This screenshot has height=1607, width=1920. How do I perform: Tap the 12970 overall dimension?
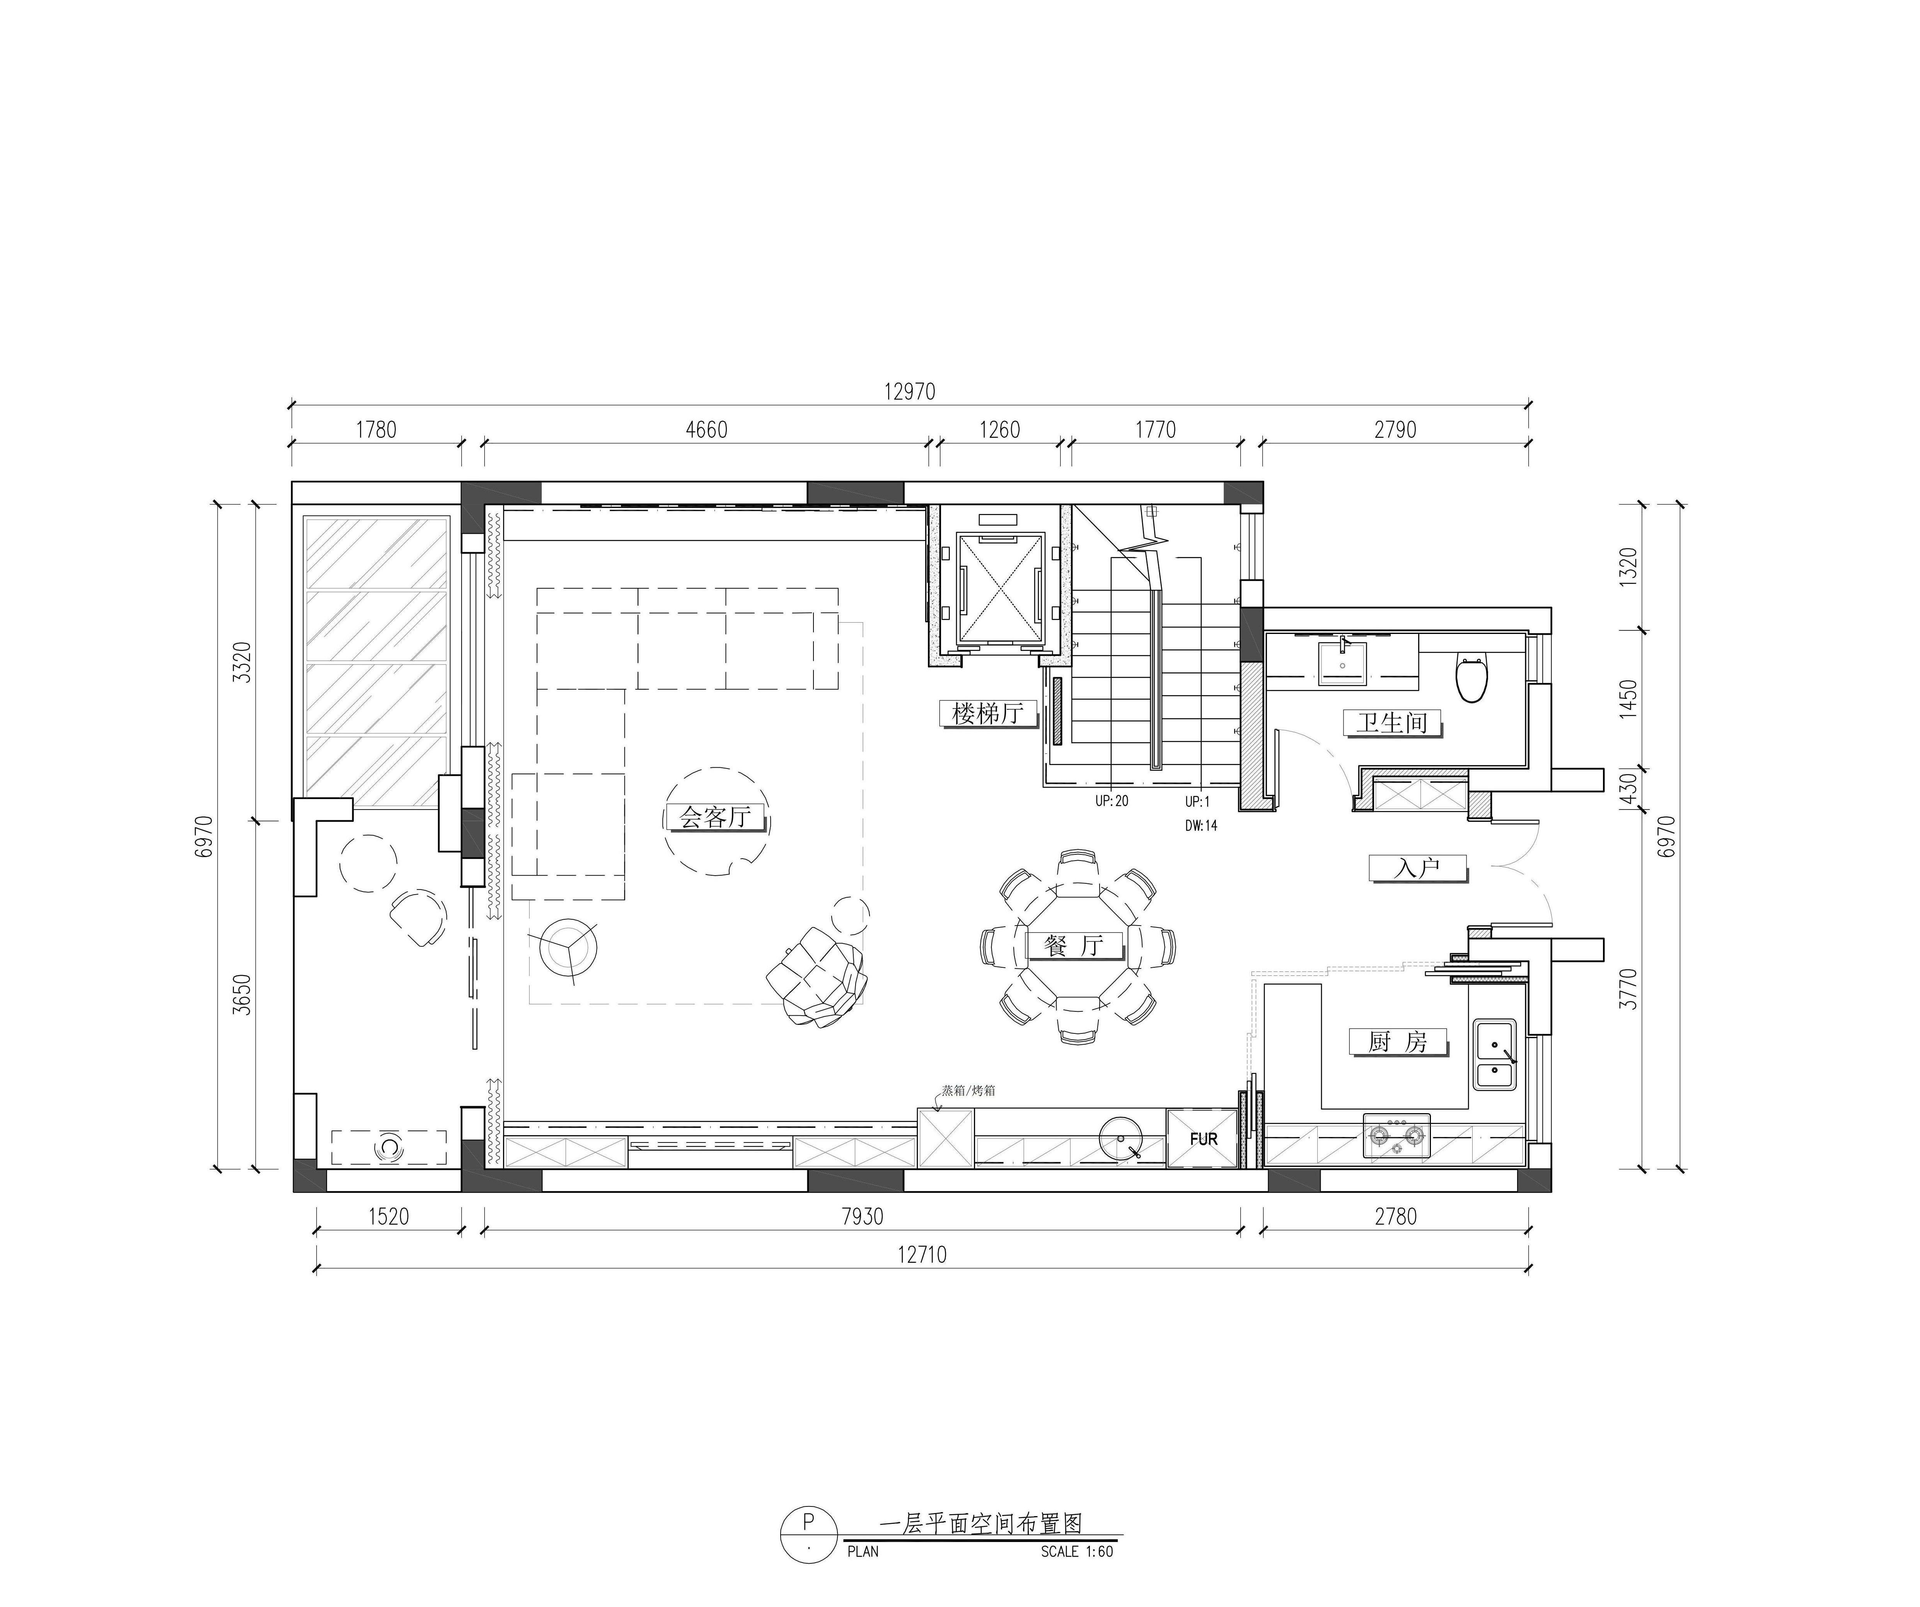(x=910, y=391)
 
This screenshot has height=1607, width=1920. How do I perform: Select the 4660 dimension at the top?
(x=707, y=430)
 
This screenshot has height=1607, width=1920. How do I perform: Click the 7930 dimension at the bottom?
(x=862, y=1216)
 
